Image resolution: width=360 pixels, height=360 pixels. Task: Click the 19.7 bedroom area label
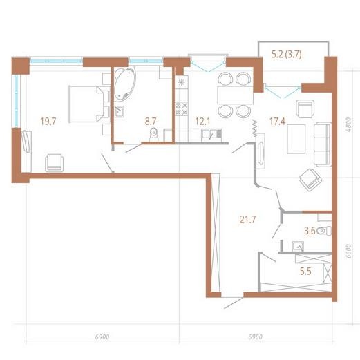click(x=48, y=122)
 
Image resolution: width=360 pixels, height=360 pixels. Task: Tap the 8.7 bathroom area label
click(x=151, y=122)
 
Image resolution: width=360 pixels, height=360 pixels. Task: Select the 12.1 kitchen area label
click(x=202, y=122)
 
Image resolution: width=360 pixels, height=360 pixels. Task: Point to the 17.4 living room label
click(x=277, y=122)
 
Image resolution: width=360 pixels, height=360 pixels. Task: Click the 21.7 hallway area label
click(x=248, y=220)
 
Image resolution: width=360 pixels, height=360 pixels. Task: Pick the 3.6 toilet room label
click(x=310, y=231)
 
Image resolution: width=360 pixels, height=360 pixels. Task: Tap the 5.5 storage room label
click(x=305, y=272)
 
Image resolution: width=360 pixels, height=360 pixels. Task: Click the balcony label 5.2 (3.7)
click(x=287, y=55)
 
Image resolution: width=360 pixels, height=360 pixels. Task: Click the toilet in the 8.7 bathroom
click(x=153, y=135)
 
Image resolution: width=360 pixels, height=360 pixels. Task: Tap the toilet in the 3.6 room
click(x=324, y=231)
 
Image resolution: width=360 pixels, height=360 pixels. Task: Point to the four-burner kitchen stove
click(x=182, y=108)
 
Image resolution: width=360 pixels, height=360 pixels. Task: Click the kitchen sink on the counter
click(x=211, y=135)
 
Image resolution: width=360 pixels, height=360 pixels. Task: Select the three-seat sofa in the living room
click(x=323, y=144)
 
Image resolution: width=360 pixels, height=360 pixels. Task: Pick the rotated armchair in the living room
click(x=311, y=180)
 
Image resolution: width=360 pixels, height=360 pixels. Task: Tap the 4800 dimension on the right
click(x=349, y=124)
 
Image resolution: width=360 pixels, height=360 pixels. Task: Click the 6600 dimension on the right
click(x=349, y=251)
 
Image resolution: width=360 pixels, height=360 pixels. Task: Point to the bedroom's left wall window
click(x=17, y=101)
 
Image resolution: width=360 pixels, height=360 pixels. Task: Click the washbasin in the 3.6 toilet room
click(x=298, y=247)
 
